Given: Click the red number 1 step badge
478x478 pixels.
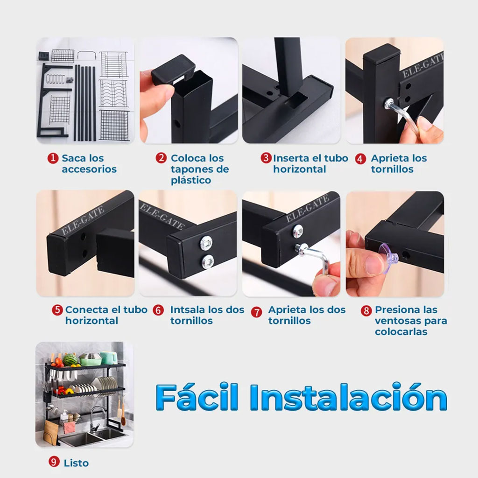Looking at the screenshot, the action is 53,158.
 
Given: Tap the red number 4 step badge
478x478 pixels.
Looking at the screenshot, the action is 360,159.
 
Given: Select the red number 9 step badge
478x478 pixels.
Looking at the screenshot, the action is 54,462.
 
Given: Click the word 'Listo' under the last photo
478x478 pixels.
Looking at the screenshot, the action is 76,463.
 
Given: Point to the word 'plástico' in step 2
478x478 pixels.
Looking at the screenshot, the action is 191,180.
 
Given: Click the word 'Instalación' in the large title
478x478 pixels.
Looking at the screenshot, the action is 348,397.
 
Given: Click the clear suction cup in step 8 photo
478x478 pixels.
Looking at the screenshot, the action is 388,258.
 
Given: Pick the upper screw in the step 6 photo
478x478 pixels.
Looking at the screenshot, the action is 206,243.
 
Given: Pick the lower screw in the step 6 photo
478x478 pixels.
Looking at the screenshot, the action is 208,261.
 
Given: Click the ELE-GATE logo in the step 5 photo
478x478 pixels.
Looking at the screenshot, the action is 83,220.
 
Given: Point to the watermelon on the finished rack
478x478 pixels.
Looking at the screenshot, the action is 70,360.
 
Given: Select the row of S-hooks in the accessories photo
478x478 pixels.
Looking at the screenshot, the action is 56,79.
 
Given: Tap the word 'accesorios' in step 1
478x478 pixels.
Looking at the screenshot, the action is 89,169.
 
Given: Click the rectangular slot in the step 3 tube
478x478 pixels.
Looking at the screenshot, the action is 296,100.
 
